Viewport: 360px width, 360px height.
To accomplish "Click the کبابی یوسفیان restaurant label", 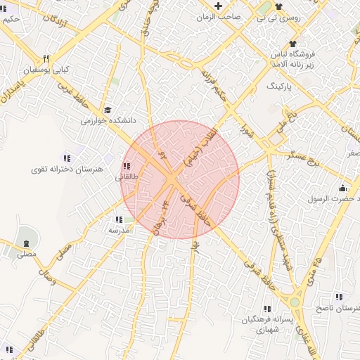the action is [x=54, y=70].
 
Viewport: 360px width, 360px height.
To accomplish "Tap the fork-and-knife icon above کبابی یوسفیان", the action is [x=46, y=59].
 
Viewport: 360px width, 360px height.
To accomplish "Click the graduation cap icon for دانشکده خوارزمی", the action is [x=108, y=110].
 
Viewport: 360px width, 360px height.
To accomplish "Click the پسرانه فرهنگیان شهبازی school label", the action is [x=266, y=324].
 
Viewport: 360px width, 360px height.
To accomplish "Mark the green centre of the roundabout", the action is [x=295, y=303].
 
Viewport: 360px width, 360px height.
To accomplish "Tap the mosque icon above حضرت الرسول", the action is [x=342, y=188].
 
